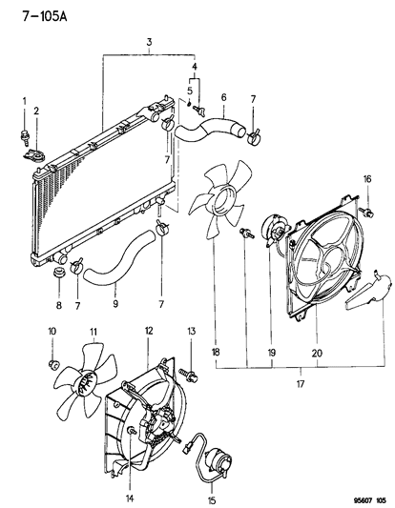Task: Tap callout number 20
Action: coord(315,352)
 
